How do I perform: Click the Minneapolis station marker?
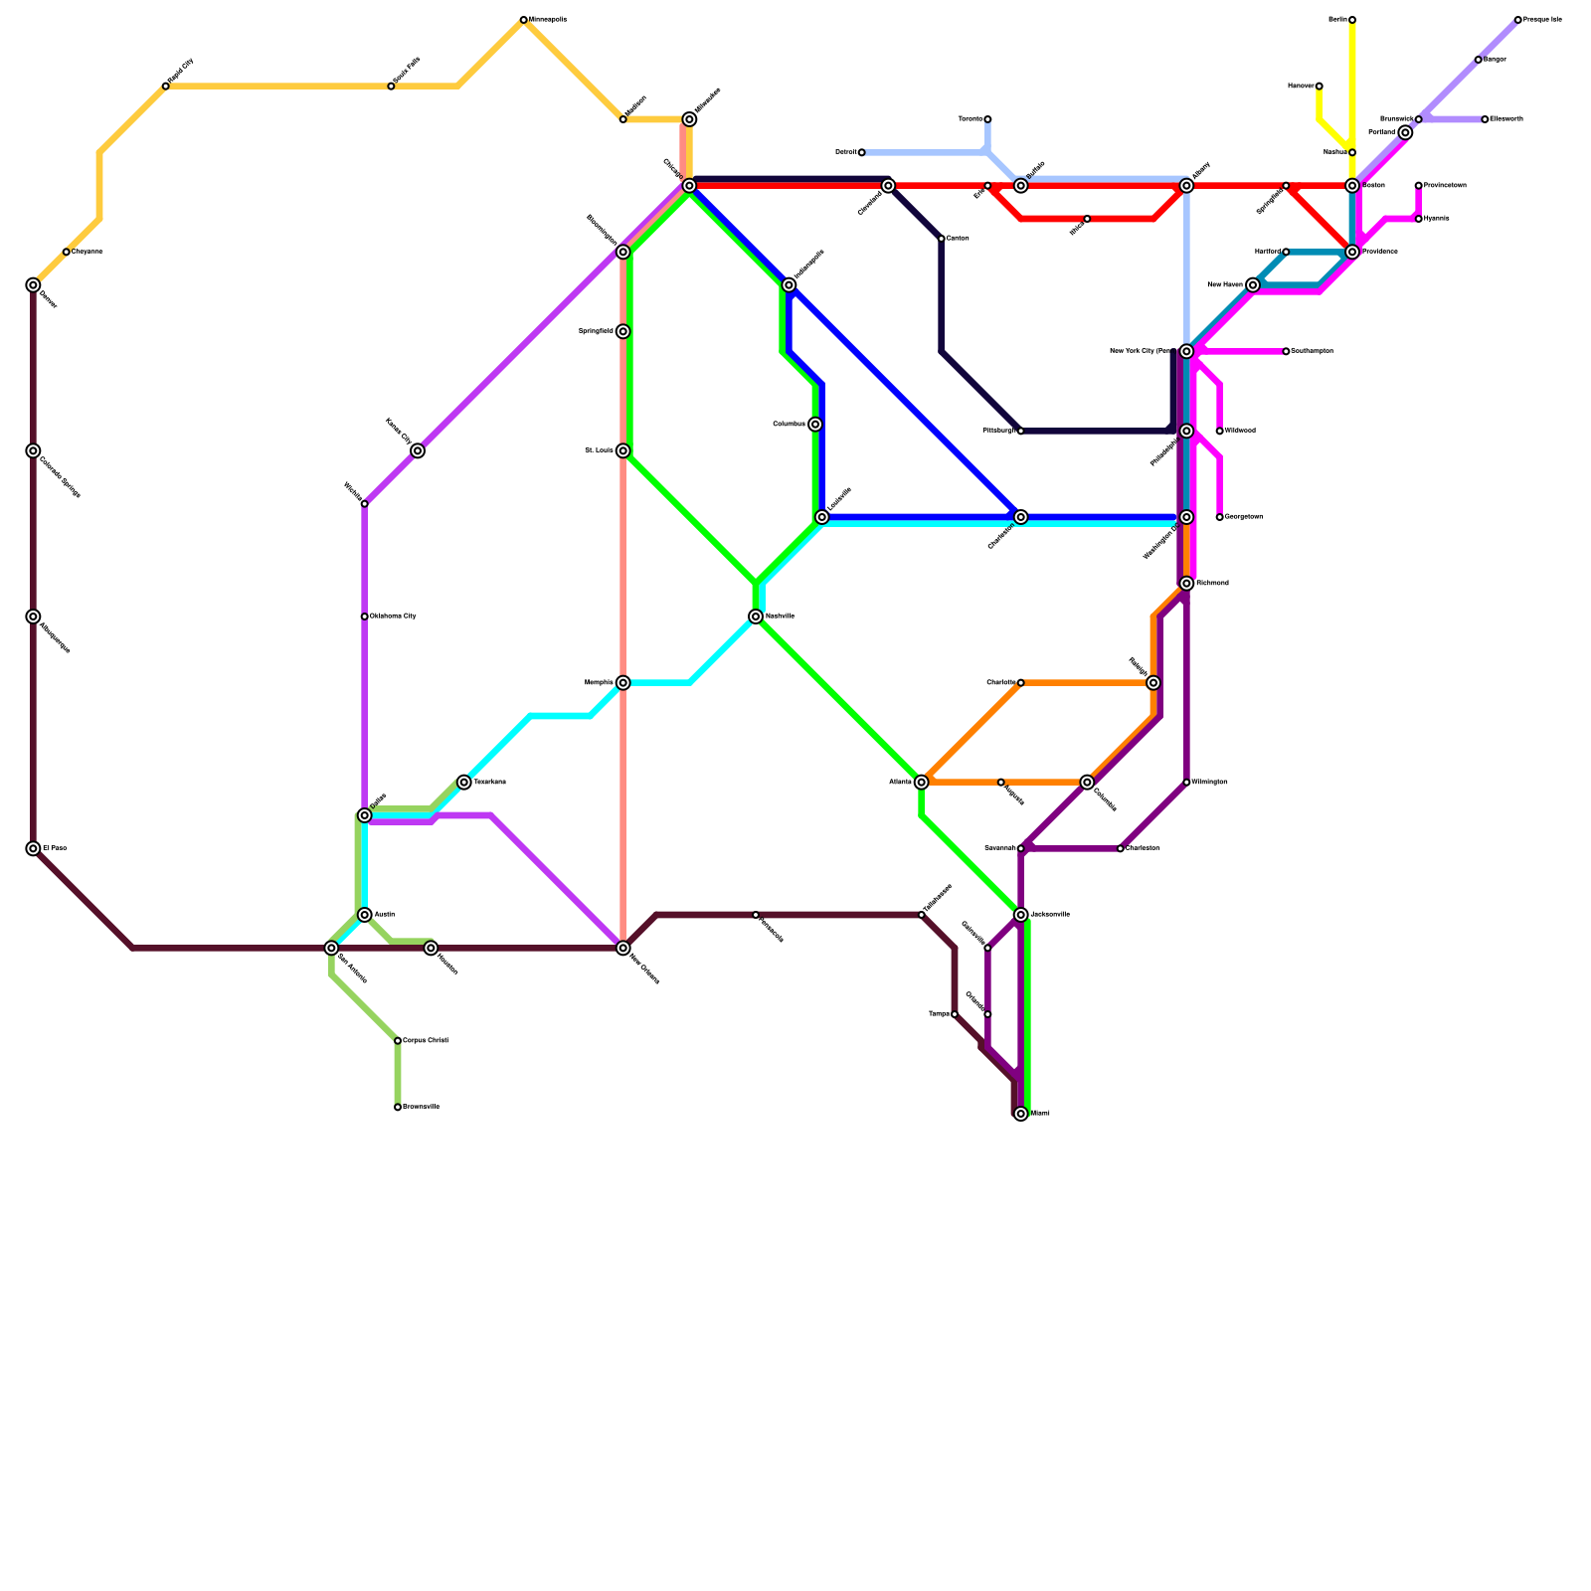pyautogui.click(x=524, y=20)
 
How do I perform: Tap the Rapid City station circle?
pyautogui.click(x=166, y=87)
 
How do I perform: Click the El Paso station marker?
pyautogui.click(x=33, y=848)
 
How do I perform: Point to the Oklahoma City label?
pyautogui.click(x=393, y=617)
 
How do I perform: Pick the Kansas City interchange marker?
pyautogui.click(x=418, y=450)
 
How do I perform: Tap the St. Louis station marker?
pyautogui.click(x=622, y=450)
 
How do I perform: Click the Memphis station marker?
pyautogui.click(x=622, y=683)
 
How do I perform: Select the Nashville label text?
pyautogui.click(x=780, y=617)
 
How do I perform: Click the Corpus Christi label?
pyautogui.click(x=426, y=1041)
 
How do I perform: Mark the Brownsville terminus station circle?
pyautogui.click(x=398, y=1107)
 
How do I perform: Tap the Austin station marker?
pyautogui.click(x=365, y=915)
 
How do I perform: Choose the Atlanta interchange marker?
pyautogui.click(x=922, y=783)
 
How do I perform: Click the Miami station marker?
pyautogui.click(x=1021, y=1114)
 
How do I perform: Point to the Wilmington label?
pyautogui.click(x=1210, y=783)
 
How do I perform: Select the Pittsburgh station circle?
pyautogui.click(x=1021, y=431)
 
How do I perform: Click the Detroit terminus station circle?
pyautogui.click(x=861, y=152)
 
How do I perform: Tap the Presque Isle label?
pyautogui.click(x=1542, y=20)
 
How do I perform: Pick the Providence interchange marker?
pyautogui.click(x=1352, y=252)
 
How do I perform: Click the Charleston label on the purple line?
pyautogui.click(x=1143, y=848)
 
